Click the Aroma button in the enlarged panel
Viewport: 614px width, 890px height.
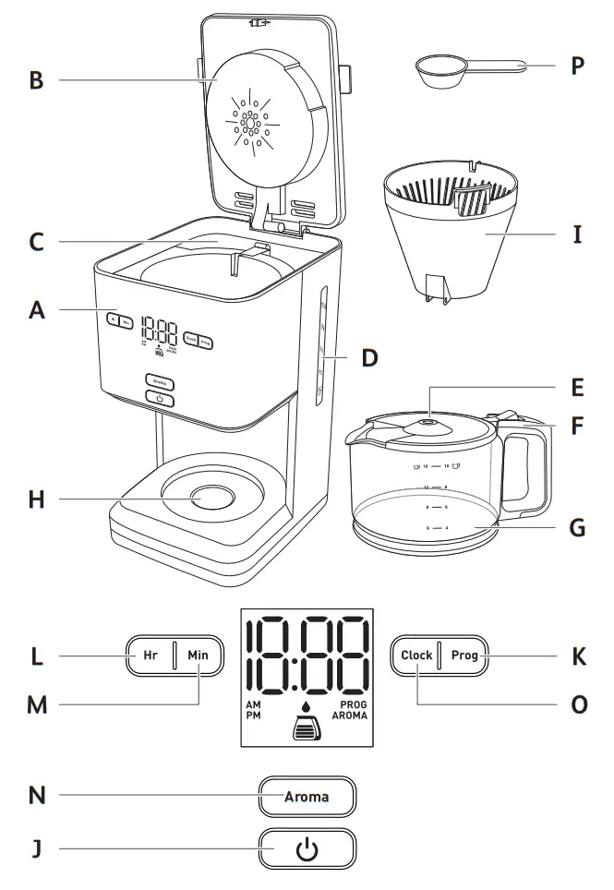click(x=307, y=796)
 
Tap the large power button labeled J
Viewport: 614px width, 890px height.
click(x=307, y=848)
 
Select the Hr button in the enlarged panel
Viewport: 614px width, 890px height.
click(x=150, y=655)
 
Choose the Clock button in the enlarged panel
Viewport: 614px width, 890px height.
click(x=416, y=655)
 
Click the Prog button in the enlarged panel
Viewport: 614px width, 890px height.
click(x=464, y=655)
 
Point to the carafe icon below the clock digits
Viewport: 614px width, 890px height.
click(x=307, y=729)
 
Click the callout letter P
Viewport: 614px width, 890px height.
click(x=577, y=66)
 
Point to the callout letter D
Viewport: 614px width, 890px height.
click(x=370, y=356)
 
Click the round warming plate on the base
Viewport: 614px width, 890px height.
click(x=213, y=498)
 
